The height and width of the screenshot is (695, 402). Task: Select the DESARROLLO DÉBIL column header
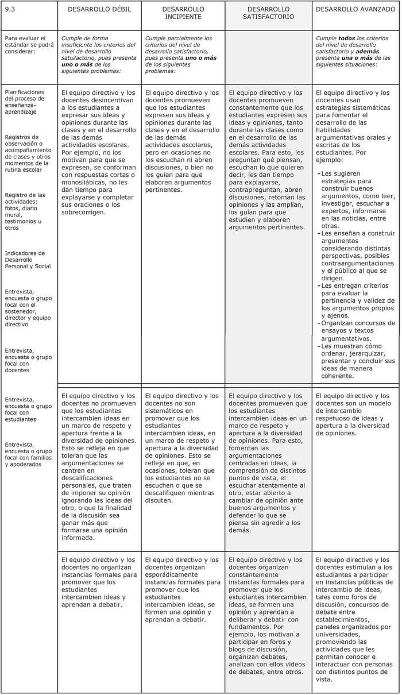pyautogui.click(x=99, y=10)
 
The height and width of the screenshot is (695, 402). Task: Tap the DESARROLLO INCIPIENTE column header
pyautogui.click(x=183, y=13)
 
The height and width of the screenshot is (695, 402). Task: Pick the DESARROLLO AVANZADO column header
pyautogui.click(x=356, y=10)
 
